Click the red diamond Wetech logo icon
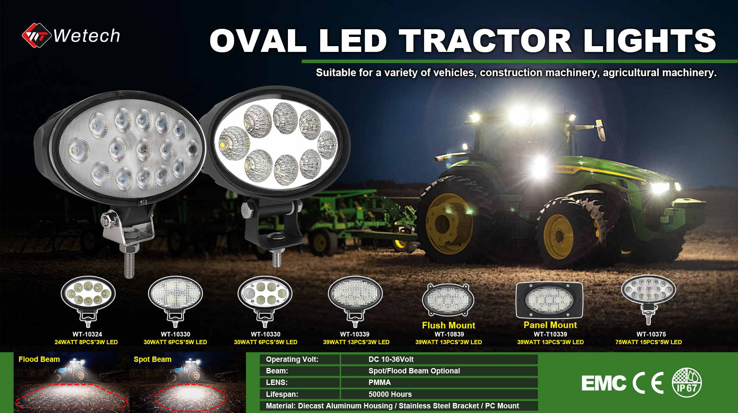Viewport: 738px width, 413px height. [37, 35]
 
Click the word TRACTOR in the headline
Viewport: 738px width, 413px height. [485, 41]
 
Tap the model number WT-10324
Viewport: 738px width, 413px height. [87, 334]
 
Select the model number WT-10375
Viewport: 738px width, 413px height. [651, 334]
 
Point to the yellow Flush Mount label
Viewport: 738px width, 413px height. [449, 325]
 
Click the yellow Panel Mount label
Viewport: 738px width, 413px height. [550, 325]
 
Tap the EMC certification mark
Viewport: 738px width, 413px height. [604, 383]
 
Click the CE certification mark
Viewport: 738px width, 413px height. [648, 383]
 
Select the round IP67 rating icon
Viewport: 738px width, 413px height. [687, 383]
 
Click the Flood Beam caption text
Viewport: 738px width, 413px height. [39, 359]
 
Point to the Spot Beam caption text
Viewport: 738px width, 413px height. [153, 359]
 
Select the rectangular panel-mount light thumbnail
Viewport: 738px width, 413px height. [549, 300]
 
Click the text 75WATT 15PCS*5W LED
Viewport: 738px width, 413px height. [648, 342]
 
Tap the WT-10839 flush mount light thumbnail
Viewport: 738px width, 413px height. [448, 300]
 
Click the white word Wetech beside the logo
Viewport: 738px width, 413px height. [86, 36]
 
